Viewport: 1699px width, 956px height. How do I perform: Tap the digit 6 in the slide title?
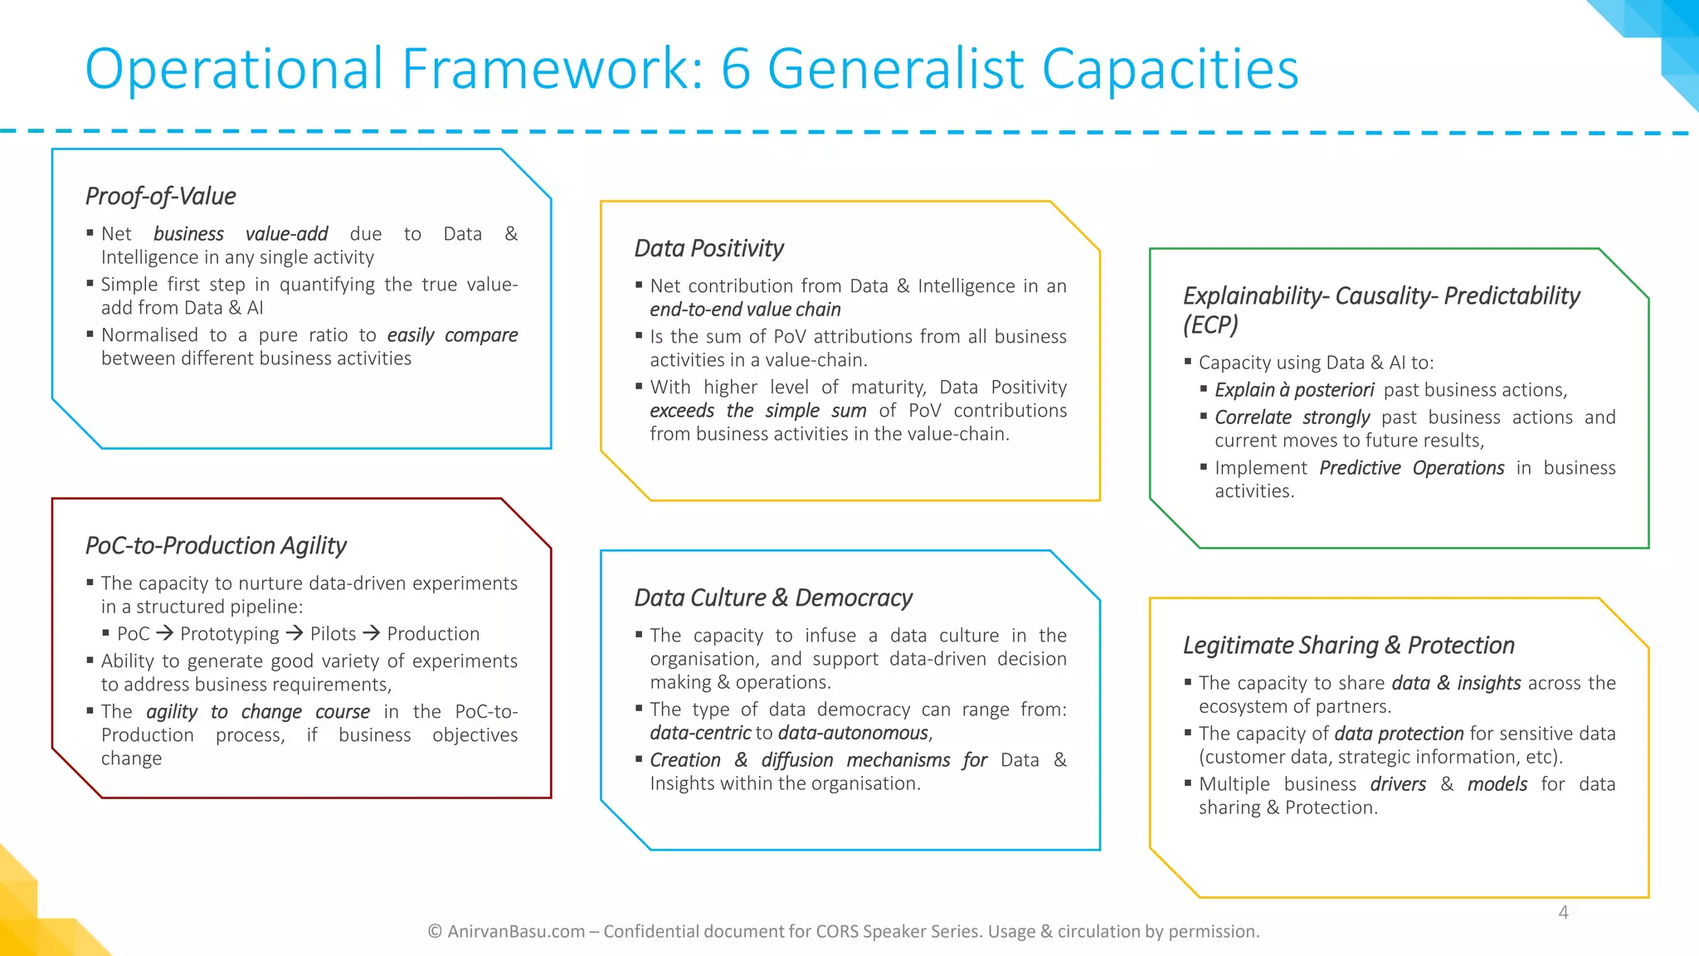coord(735,70)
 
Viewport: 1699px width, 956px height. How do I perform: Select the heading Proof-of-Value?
coord(161,197)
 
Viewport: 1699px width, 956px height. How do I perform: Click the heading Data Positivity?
coord(708,249)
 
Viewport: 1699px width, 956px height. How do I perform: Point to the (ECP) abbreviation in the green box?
coord(1210,324)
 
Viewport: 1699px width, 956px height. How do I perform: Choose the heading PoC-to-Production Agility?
coord(216,546)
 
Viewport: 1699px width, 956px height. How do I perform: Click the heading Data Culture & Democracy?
coord(773,598)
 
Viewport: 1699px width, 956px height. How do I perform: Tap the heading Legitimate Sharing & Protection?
coord(1348,646)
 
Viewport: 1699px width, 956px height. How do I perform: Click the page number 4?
coord(1563,913)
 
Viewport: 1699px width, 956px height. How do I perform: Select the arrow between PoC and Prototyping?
coord(165,634)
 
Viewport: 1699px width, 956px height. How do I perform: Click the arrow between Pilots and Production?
coord(372,634)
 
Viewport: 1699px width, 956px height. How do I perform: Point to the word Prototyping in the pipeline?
coord(230,634)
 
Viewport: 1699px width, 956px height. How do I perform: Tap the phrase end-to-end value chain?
coord(745,310)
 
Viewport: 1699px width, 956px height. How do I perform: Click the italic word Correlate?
coord(1253,417)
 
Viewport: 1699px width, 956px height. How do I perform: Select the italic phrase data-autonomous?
coord(854,734)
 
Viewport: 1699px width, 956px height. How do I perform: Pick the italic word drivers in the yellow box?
coord(1398,785)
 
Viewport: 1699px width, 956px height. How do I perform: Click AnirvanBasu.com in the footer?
coord(516,932)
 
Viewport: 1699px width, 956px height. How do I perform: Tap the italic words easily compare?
coord(452,335)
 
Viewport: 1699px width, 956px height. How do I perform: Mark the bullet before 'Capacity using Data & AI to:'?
coord(1188,362)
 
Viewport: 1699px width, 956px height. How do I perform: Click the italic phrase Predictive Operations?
coord(1411,468)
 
